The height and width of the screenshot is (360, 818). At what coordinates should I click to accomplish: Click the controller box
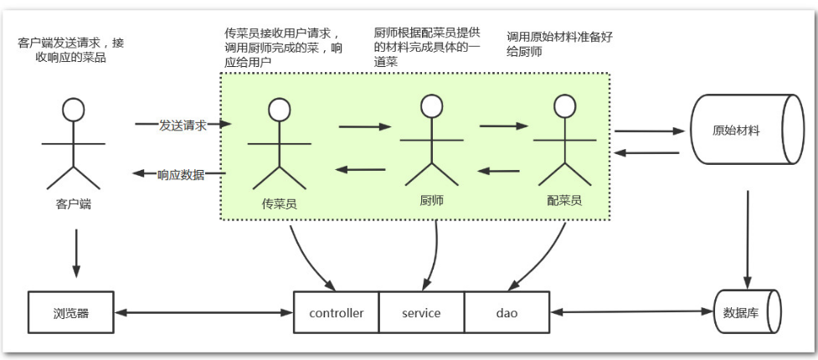click(336, 313)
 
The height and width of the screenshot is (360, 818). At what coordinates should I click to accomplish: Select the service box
click(421, 313)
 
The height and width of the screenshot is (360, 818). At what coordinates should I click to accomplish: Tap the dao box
click(507, 313)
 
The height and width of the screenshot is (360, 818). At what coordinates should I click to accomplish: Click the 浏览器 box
click(72, 313)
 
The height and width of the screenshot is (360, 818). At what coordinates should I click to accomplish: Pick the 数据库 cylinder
click(745, 313)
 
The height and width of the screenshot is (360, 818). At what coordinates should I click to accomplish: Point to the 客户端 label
click(73, 203)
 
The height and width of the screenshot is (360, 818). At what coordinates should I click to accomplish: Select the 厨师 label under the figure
click(431, 200)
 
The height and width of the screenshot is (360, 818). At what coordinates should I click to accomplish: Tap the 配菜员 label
click(564, 201)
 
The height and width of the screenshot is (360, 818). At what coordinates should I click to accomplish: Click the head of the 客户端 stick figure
click(74, 110)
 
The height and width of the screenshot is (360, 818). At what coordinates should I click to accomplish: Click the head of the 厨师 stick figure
click(431, 105)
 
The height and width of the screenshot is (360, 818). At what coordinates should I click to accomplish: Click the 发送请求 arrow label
click(183, 125)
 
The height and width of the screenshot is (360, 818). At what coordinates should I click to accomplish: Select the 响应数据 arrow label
click(181, 174)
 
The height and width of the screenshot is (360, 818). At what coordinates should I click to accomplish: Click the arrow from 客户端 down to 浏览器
click(76, 253)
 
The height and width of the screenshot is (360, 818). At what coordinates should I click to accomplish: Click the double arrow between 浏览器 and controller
click(204, 313)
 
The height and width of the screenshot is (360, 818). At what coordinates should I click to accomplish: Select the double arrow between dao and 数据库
click(630, 313)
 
